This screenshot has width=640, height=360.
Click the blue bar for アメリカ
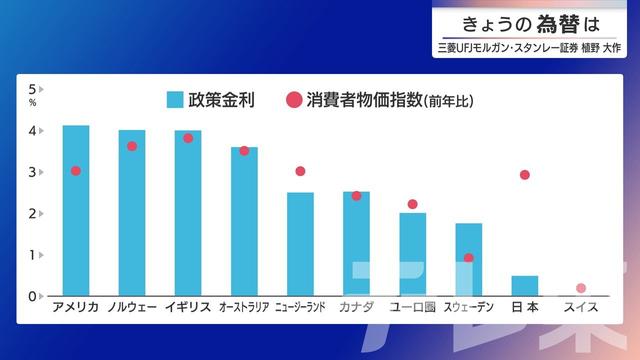pos(75,210)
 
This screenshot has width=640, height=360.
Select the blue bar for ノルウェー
pos(131,213)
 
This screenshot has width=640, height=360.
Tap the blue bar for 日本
pos(524,285)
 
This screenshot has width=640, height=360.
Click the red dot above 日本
pos(524,175)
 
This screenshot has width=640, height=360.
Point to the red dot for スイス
pos(581,288)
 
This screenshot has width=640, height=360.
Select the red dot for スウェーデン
pos(468,258)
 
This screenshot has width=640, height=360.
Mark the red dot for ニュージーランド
pos(300,171)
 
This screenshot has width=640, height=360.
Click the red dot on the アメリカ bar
pos(75,171)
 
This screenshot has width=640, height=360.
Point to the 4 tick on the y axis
pos(33,131)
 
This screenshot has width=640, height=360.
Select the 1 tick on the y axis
pos(33,255)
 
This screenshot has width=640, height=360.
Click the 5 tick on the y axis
pos(33,89)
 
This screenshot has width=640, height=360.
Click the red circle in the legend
pos(294,99)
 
